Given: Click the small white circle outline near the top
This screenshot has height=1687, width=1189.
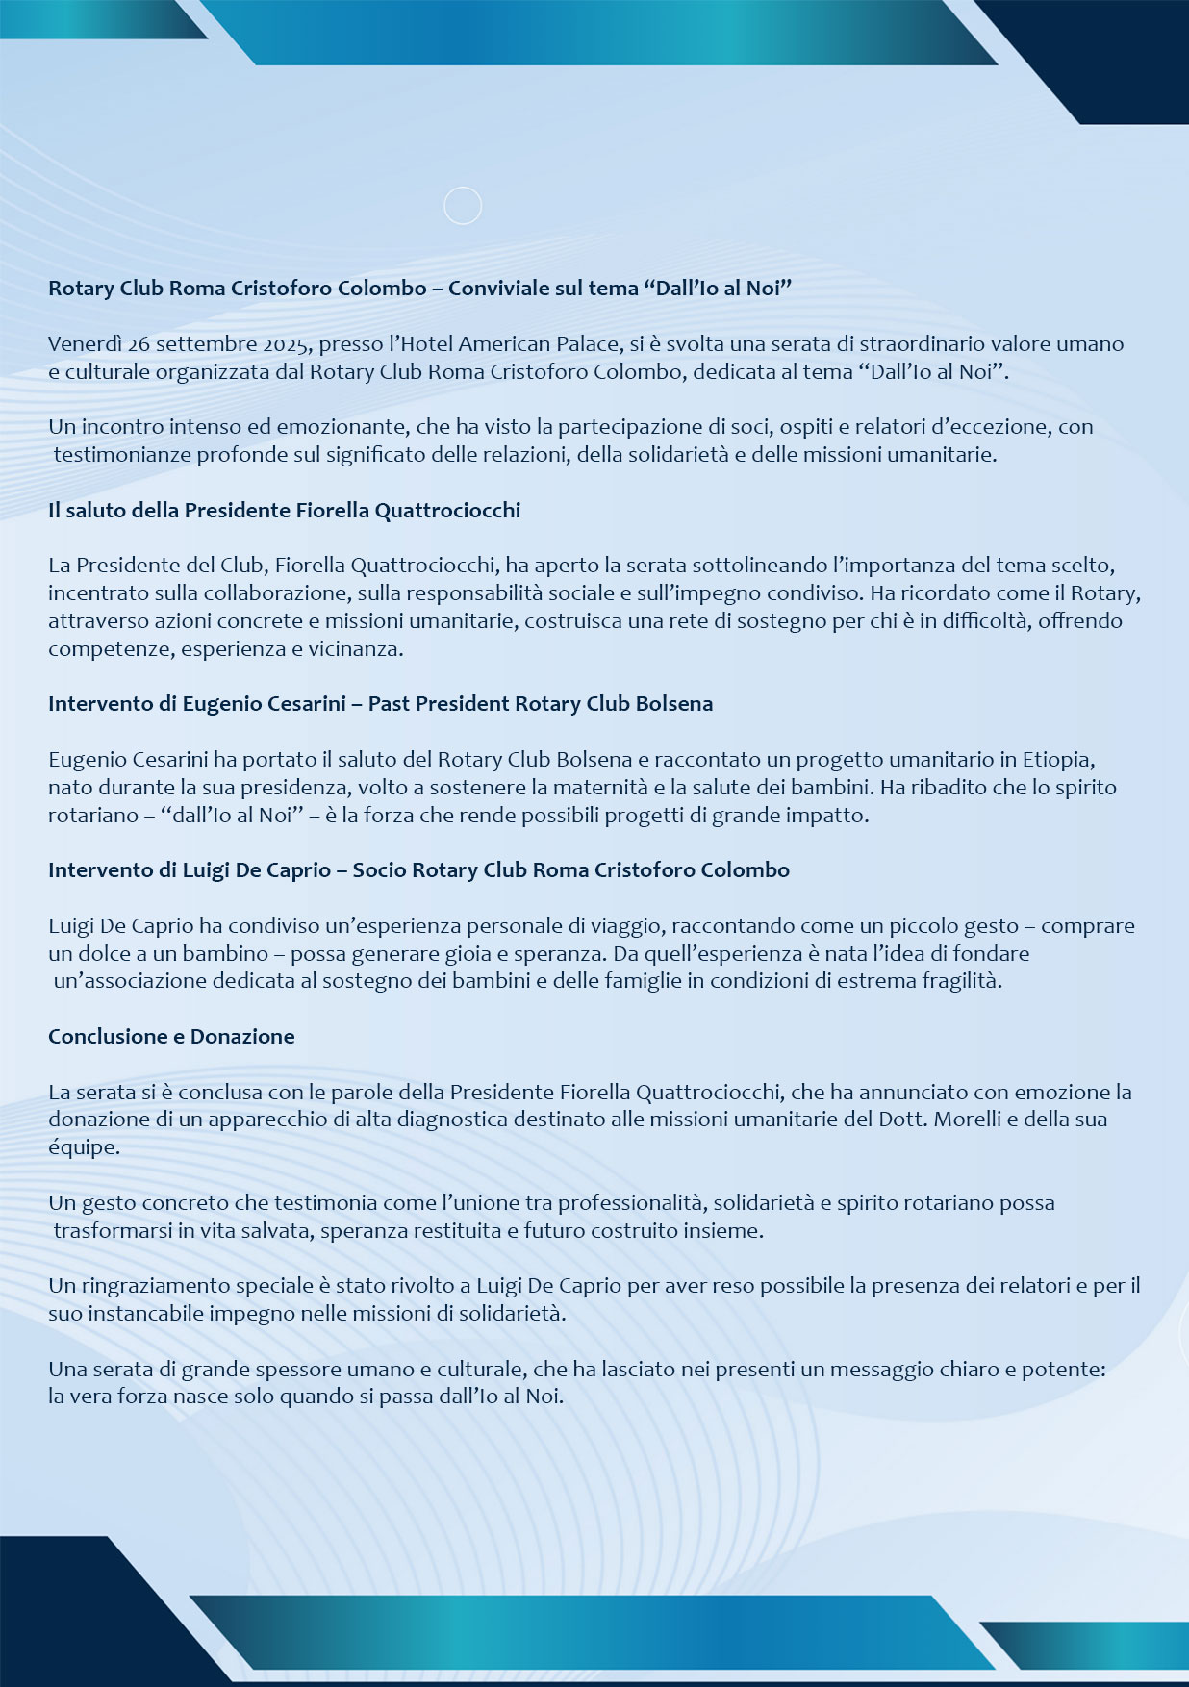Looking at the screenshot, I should click(x=463, y=206).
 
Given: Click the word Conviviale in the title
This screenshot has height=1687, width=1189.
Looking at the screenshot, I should click(x=497, y=288).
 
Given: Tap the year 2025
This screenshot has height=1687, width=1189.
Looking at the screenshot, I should click(x=287, y=343).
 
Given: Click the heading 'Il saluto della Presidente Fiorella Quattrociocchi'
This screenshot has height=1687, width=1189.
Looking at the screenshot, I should click(x=284, y=510).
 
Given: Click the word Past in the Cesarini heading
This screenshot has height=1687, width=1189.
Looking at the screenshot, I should click(x=391, y=703).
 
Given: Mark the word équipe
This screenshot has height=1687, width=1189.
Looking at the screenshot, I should click(x=83, y=1147).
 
